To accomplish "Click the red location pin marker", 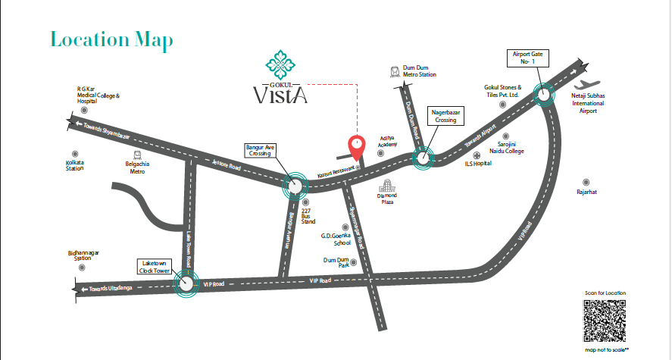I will (x=356, y=145).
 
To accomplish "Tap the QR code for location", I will (x=605, y=321).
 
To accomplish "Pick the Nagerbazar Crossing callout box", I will (x=446, y=116).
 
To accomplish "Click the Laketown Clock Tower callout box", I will (x=154, y=266).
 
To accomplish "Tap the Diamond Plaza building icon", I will (x=387, y=186).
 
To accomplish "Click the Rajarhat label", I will (x=586, y=192).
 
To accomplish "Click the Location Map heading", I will (x=111, y=39).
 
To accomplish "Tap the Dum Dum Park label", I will (x=337, y=262).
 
